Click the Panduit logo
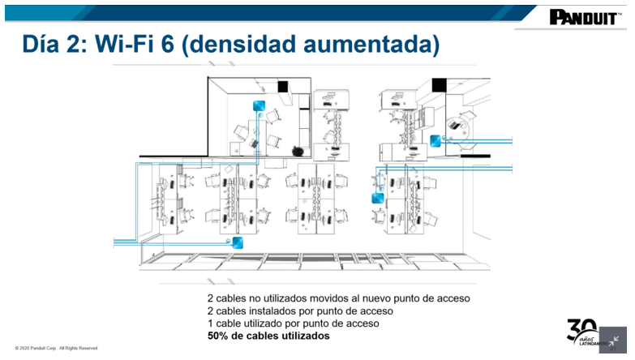click(x=586, y=17)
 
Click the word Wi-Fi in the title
click(x=124, y=44)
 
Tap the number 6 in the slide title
click(x=167, y=44)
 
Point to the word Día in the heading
click(x=41, y=44)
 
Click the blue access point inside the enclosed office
click(x=259, y=106)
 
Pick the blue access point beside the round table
click(x=435, y=141)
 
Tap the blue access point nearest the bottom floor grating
click(x=238, y=242)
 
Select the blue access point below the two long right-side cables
click(x=377, y=198)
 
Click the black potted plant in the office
click(x=298, y=152)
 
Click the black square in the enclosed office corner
click(x=283, y=86)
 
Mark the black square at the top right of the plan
click(x=439, y=85)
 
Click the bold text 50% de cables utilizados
click(x=268, y=336)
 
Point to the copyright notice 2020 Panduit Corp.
click(x=56, y=349)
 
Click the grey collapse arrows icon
click(x=613, y=340)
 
